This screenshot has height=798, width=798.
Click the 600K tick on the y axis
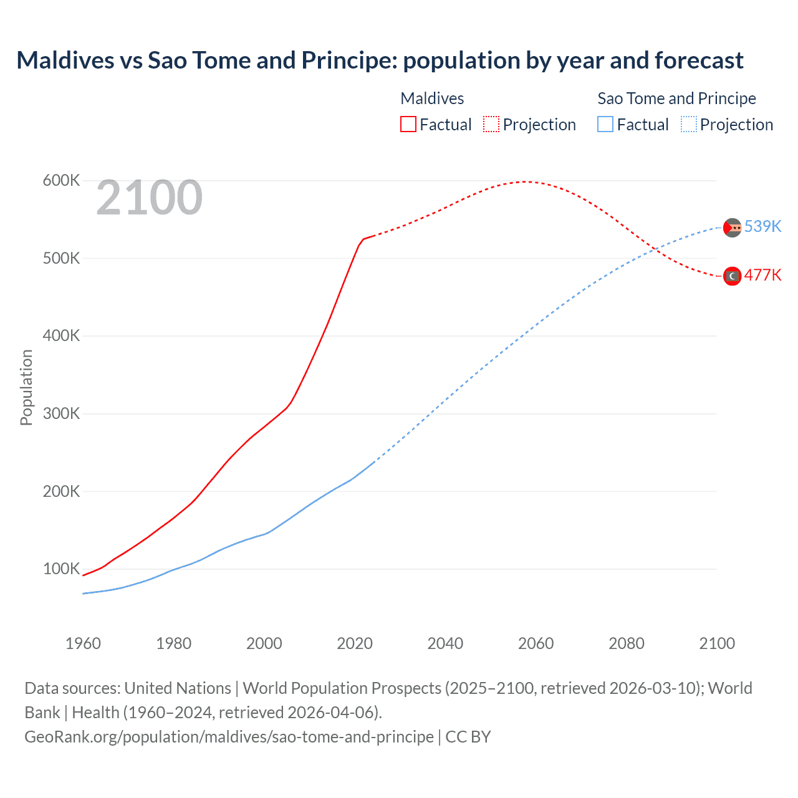click(61, 181)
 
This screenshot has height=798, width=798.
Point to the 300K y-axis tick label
click(61, 413)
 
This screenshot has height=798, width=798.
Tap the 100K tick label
click(61, 569)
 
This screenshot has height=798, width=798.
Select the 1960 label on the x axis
click(83, 643)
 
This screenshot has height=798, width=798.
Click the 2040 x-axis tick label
click(445, 643)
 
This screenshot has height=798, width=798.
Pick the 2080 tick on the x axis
click(626, 643)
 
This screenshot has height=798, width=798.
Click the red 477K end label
click(762, 276)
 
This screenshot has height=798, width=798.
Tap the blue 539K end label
click(762, 226)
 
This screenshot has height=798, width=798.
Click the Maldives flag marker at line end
click(732, 276)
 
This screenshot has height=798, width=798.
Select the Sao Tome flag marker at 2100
click(732, 228)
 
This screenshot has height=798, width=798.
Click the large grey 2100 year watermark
click(149, 198)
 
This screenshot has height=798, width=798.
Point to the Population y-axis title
click(26, 387)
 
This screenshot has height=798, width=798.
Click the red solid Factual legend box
click(408, 124)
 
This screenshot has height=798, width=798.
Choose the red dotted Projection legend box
click(491, 124)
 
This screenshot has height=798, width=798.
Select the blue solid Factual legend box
click(605, 124)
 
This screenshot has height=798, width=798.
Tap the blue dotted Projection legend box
click(688, 124)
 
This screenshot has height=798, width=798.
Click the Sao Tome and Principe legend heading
click(676, 99)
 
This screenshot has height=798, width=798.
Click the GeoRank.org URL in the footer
click(229, 737)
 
